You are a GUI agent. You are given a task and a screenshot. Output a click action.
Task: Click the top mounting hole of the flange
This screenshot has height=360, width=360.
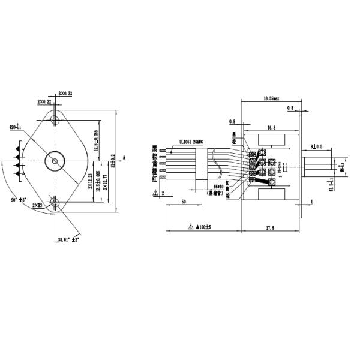[56, 119]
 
